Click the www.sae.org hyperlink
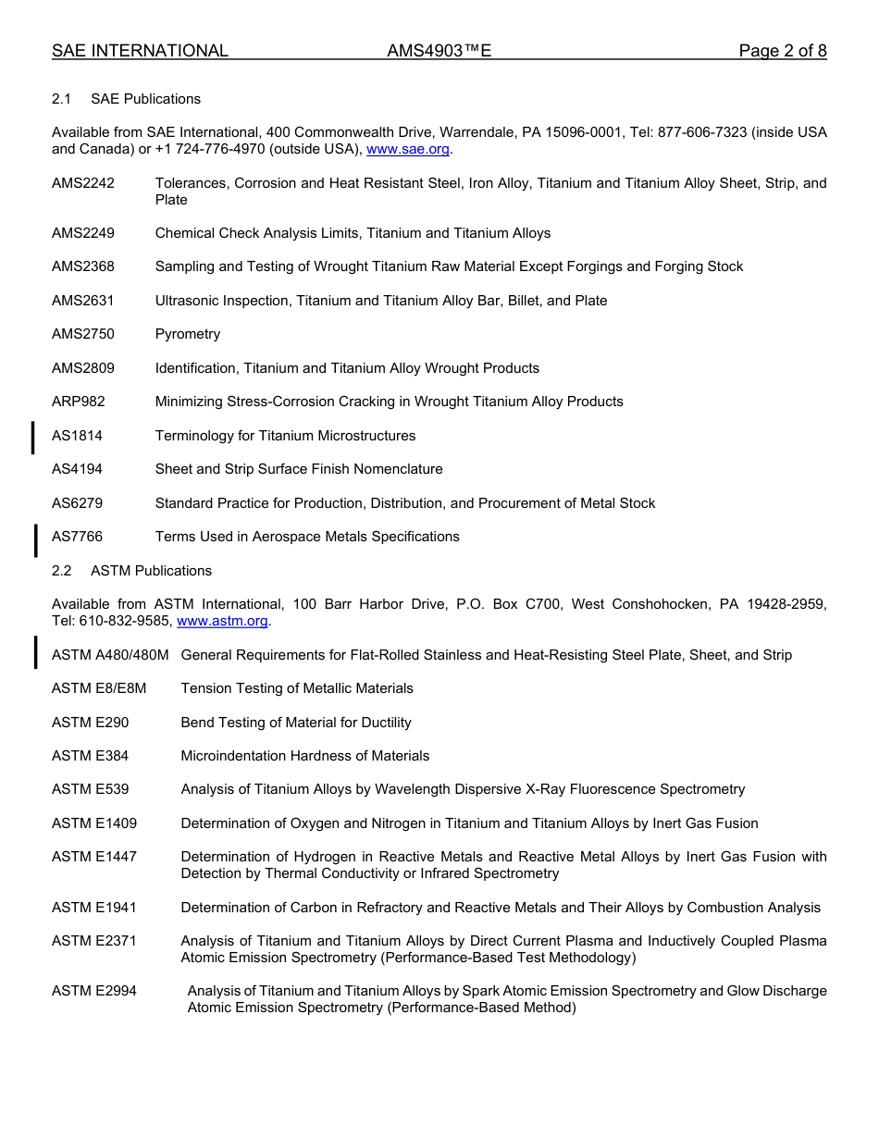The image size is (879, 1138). pos(408,149)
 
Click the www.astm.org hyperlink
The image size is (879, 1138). pos(221,621)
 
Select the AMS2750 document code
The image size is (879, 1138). pos(83,334)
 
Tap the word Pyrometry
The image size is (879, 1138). pos(188,334)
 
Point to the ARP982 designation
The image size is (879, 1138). pos(79,402)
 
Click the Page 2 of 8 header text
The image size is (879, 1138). pos(782,51)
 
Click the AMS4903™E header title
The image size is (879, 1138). pos(439,51)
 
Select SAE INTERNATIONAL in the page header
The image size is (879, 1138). pos(140,51)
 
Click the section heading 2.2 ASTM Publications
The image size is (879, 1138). pos(132,571)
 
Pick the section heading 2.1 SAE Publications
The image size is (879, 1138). pos(127,99)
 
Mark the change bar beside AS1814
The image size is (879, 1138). pos(33,437)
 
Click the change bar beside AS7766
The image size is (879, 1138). pos(35,539)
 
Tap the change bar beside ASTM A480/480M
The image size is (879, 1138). pos(35,652)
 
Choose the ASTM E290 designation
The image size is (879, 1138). pos(91,723)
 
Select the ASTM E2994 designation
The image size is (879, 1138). pos(94,991)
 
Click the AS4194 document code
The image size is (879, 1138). pos(78,469)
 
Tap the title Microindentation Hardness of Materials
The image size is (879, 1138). pos(304,756)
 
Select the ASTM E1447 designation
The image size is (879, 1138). pos(94,857)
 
